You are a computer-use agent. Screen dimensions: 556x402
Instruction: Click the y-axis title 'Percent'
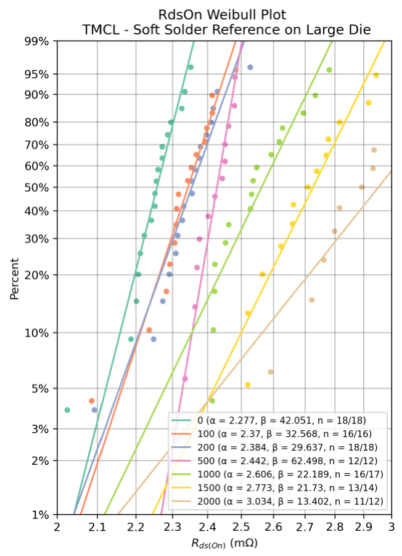14,277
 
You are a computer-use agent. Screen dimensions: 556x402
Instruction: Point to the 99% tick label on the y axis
37,41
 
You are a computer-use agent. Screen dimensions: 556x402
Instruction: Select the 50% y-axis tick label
37,187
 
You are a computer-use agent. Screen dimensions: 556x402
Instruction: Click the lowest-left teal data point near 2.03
67,410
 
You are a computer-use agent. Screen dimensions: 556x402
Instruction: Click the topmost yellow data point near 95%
376,75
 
